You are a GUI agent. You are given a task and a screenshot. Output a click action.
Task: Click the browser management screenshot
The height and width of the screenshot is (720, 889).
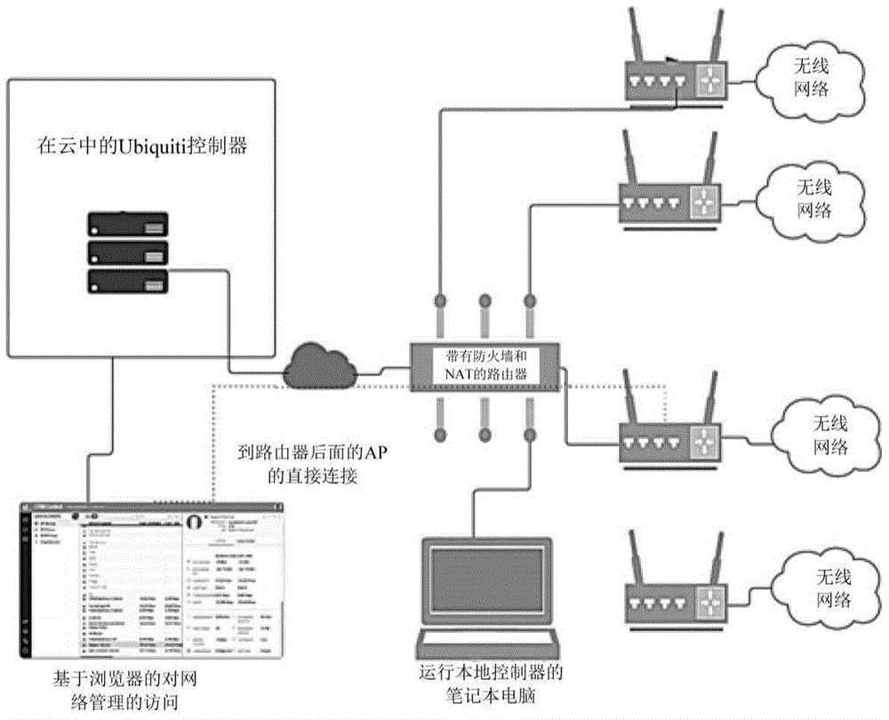coord(152,583)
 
